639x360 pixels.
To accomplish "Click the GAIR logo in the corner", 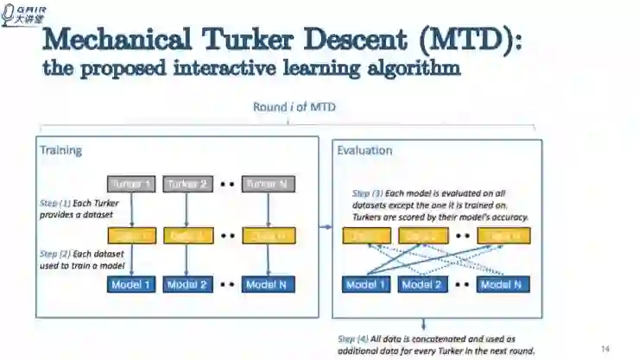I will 25,14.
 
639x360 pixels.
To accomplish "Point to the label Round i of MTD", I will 294,107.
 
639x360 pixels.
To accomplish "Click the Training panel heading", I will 60,150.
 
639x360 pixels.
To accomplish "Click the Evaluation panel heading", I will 364,150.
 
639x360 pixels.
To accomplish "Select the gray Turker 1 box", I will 132,184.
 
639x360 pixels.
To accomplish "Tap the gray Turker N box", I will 268,184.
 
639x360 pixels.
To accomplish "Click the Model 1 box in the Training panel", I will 132,284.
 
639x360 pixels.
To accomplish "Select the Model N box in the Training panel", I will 268,284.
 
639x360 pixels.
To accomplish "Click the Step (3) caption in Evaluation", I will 440,205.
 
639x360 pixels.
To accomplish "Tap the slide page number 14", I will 606,348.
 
